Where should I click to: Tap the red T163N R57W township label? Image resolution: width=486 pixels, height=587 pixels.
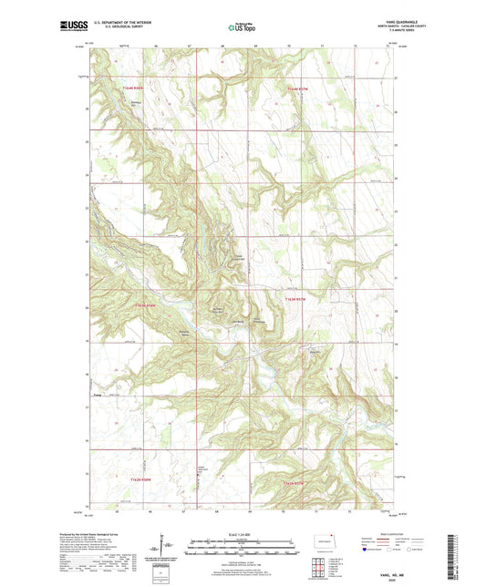pos(297,298)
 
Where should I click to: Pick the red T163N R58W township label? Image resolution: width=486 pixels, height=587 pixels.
pos(146,304)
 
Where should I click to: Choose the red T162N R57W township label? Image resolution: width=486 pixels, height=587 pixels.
pos(298,479)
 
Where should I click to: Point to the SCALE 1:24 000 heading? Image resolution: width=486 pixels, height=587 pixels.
pos(243,532)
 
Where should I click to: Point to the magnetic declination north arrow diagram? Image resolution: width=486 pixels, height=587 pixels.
pos(171,549)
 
